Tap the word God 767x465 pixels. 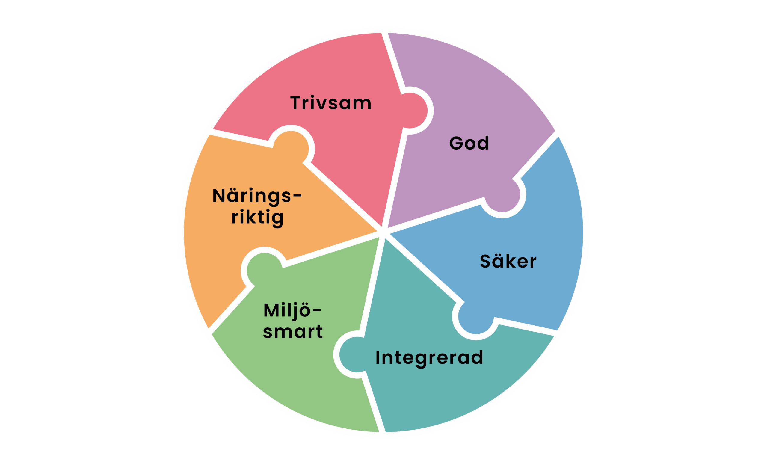coord(469,143)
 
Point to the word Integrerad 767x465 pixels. coord(429,357)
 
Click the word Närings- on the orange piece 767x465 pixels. coord(257,196)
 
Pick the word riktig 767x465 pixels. coord(257,217)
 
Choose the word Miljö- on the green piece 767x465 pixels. coord(292,310)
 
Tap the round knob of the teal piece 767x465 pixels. coord(357,354)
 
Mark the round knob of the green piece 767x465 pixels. coord(265,270)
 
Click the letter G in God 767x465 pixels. coord(456,143)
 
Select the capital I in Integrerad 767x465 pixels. coord(378,357)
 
